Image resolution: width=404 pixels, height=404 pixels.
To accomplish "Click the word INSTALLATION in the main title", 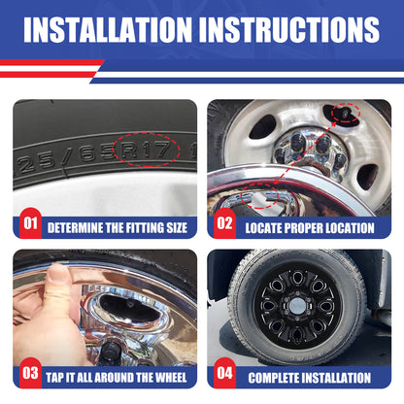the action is (x=108, y=29).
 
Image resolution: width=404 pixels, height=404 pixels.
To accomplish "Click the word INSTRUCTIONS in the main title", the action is (x=289, y=29).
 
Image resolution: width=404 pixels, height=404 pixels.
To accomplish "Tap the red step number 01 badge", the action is (x=30, y=223).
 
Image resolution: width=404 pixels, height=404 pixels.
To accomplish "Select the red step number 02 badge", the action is (x=224, y=223).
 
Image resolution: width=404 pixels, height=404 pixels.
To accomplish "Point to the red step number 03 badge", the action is (x=30, y=373).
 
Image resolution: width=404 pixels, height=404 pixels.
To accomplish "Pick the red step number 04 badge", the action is (x=224, y=373).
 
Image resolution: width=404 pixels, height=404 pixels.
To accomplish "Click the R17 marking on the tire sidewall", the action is (x=146, y=150).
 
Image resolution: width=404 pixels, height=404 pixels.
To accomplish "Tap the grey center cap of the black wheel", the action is (x=297, y=305).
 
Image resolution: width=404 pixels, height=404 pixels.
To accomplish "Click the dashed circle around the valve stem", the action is (x=346, y=113).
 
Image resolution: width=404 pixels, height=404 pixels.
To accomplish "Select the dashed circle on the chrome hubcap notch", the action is (x=259, y=196).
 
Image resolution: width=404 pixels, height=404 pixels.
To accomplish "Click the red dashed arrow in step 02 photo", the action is (x=304, y=154).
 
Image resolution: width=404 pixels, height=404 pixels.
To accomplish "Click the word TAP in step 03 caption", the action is (x=54, y=378).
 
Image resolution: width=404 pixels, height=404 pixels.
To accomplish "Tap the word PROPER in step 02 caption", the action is (x=305, y=228).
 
